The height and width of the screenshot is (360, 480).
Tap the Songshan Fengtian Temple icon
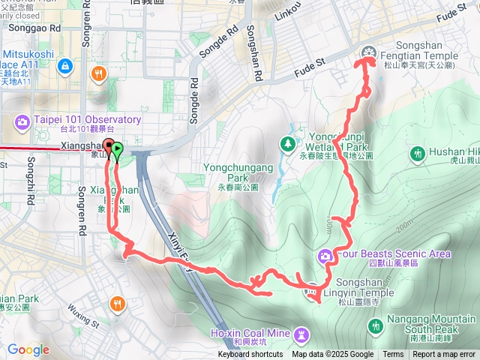367,52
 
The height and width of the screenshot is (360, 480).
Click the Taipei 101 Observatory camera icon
21,121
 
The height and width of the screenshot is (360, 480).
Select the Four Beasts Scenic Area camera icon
326,256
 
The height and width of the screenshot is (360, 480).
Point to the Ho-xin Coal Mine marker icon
301,332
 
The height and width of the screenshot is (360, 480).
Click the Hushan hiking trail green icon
418,154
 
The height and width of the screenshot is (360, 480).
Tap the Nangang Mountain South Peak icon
376,325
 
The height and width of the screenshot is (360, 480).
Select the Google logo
28,349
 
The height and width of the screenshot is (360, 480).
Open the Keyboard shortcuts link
250,355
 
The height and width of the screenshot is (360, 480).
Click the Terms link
393,355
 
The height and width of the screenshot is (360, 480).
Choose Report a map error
444,355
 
